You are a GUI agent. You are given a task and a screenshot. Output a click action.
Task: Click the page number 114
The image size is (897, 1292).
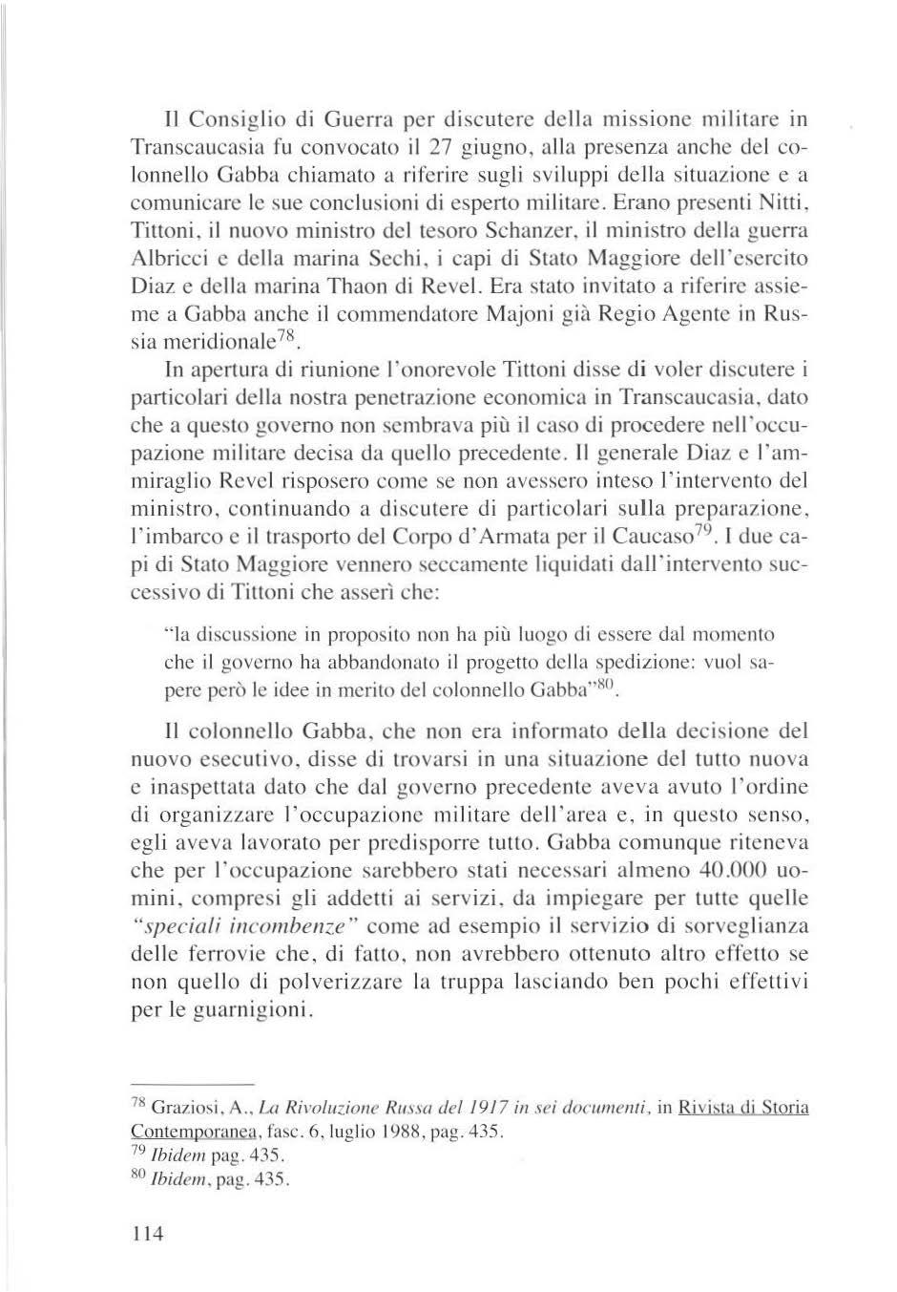[x=149, y=1234]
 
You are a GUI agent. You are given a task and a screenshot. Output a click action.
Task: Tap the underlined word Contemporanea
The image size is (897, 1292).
[x=188, y=1133]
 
